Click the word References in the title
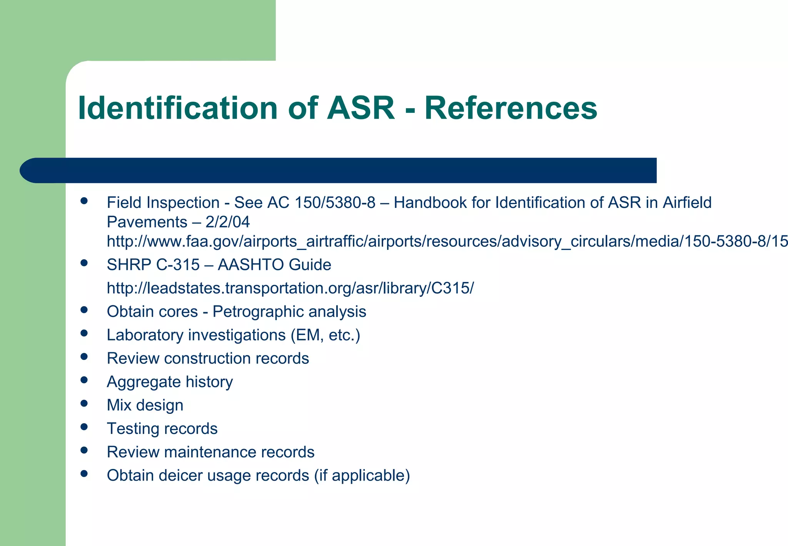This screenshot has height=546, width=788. (511, 108)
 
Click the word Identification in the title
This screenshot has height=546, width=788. (177, 108)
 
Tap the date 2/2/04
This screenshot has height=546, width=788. (227, 222)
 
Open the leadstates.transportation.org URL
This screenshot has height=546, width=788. (290, 288)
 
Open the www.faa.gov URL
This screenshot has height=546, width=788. (446, 241)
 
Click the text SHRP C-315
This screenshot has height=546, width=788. (153, 265)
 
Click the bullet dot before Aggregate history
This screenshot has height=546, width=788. (84, 380)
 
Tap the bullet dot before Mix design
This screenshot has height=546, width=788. (84, 403)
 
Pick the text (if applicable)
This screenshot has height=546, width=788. (362, 476)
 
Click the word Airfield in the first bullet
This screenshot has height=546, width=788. (687, 203)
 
